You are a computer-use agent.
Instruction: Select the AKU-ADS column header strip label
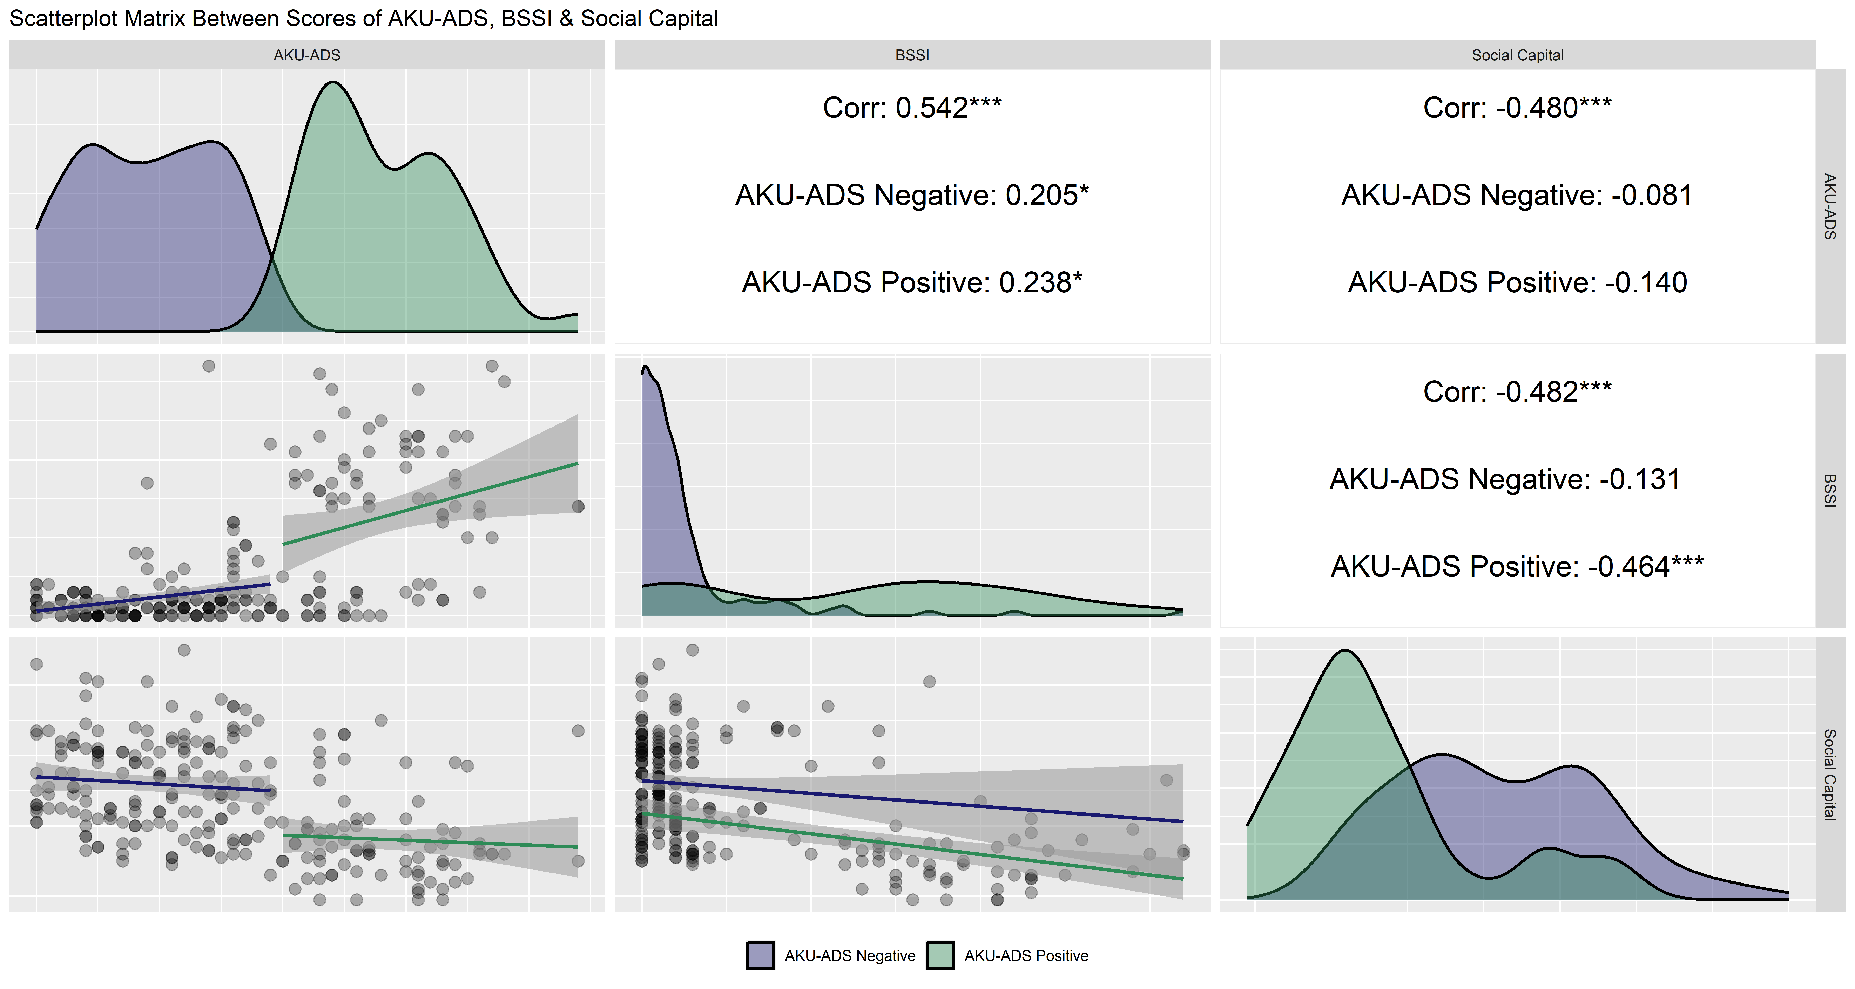coord(307,55)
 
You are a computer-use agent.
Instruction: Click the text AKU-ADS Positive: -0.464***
coord(1517,566)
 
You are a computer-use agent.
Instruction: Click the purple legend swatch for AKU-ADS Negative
coord(760,955)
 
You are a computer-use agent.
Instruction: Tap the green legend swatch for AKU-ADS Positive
coord(940,955)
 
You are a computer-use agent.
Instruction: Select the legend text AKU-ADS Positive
coord(1026,956)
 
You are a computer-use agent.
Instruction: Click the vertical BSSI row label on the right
coord(1830,491)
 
